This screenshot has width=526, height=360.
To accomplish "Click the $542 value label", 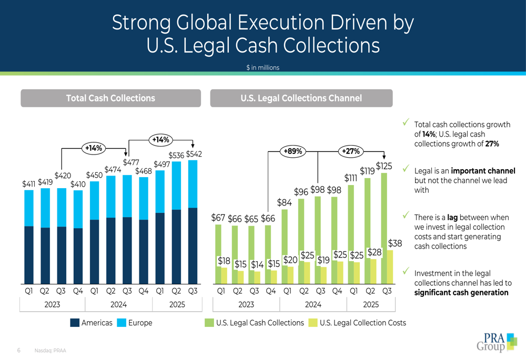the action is click(194, 154).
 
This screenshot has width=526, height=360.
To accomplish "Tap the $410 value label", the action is click(78, 184).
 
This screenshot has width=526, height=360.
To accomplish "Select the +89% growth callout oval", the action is click(293, 151).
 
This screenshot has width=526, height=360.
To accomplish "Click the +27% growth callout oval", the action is click(351, 151).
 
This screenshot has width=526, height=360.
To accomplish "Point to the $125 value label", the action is click(384, 166).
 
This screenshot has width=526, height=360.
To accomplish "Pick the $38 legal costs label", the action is click(395, 243).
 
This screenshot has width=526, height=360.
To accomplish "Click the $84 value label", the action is click(285, 202).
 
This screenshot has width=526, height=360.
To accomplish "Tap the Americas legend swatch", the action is click(75, 323).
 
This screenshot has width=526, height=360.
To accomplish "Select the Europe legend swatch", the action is click(122, 323).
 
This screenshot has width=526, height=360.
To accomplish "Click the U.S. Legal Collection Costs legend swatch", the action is click(313, 323).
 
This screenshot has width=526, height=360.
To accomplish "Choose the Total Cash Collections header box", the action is click(110, 98).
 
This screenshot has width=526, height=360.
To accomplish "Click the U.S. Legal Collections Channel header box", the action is click(301, 98).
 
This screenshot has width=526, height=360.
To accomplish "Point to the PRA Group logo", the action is click(497, 342).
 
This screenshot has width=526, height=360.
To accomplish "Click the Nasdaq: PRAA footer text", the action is click(50, 351).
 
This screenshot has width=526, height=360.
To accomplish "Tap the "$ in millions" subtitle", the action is click(262, 67).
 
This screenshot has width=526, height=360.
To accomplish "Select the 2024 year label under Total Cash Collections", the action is click(118, 305).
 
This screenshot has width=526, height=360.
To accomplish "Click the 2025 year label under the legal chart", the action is click(371, 305).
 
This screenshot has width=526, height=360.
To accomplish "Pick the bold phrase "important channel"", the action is click(483, 171).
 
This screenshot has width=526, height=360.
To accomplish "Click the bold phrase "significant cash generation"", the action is click(461, 293).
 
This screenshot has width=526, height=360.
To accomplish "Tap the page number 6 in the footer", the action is click(19, 351).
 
